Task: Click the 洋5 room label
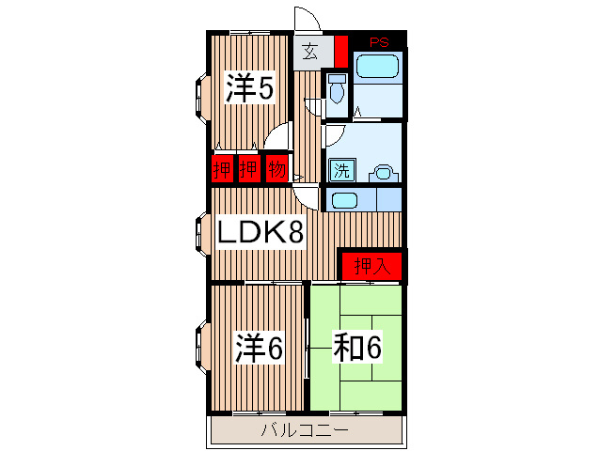pos(249,89)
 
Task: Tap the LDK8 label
pos(261,232)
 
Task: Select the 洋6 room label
pos(259,348)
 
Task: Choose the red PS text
pos(379,41)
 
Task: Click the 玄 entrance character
pos(309,52)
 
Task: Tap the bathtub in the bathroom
pos(379,67)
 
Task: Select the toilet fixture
pos(337,89)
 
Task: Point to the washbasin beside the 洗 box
pos(383,172)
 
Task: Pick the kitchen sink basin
pos(344,200)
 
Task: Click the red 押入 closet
pos(371,266)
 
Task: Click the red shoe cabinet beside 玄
pos(340,49)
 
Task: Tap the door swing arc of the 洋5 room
pos(277,137)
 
